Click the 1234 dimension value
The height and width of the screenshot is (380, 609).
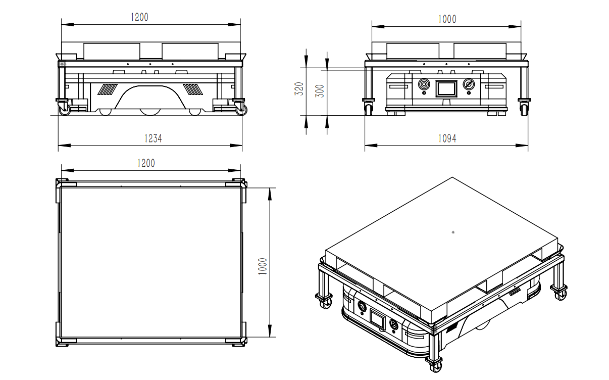(153, 138)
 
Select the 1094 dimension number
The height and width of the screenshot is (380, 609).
(447, 138)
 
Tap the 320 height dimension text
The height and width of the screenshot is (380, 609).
(299, 88)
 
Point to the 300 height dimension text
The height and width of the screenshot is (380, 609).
(320, 91)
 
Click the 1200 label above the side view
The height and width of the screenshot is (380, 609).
(139, 17)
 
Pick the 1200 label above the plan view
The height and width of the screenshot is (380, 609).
(146, 163)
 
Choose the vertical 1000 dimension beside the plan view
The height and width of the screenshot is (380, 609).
(263, 266)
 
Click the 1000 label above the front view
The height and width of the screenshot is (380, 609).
(447, 19)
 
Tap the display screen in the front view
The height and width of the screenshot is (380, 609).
(446, 88)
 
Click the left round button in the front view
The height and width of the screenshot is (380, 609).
(424, 84)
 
